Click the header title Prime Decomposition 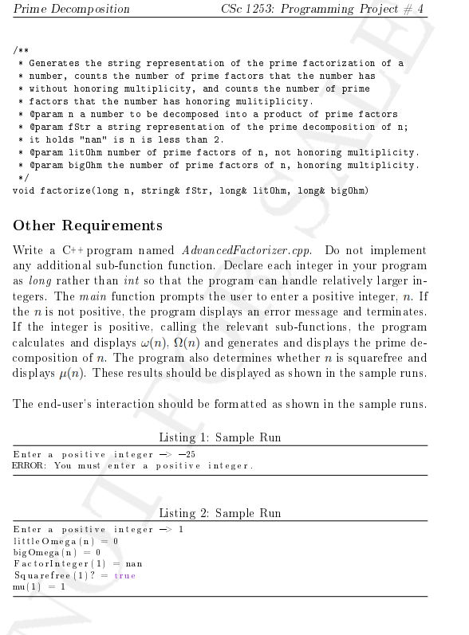(73, 10)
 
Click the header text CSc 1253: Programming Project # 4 (323, 10)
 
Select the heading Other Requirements (88, 225)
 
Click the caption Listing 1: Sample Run (220, 437)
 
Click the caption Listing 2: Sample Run (220, 513)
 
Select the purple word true (125, 575)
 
